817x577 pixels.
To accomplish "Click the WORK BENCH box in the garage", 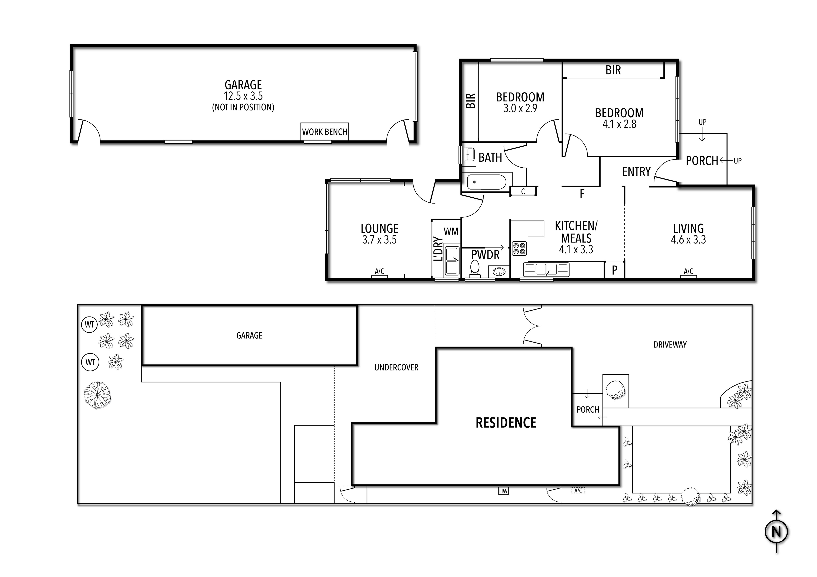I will point(324,132).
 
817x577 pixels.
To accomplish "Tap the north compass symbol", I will point(776,532).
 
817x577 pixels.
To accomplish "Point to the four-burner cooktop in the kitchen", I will point(519,248).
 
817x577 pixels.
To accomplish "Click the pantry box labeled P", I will point(614,270).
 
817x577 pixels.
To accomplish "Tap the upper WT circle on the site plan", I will point(89,324).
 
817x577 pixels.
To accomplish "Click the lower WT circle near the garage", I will point(90,362).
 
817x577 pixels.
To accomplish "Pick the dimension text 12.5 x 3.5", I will point(243,96).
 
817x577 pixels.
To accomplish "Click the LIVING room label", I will point(688,228).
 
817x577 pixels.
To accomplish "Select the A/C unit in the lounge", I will point(379,272).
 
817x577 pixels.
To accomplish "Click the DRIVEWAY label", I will point(670,344).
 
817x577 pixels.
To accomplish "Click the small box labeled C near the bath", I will point(523,191).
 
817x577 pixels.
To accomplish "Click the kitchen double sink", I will point(546,269).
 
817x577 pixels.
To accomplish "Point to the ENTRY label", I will point(636,171).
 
